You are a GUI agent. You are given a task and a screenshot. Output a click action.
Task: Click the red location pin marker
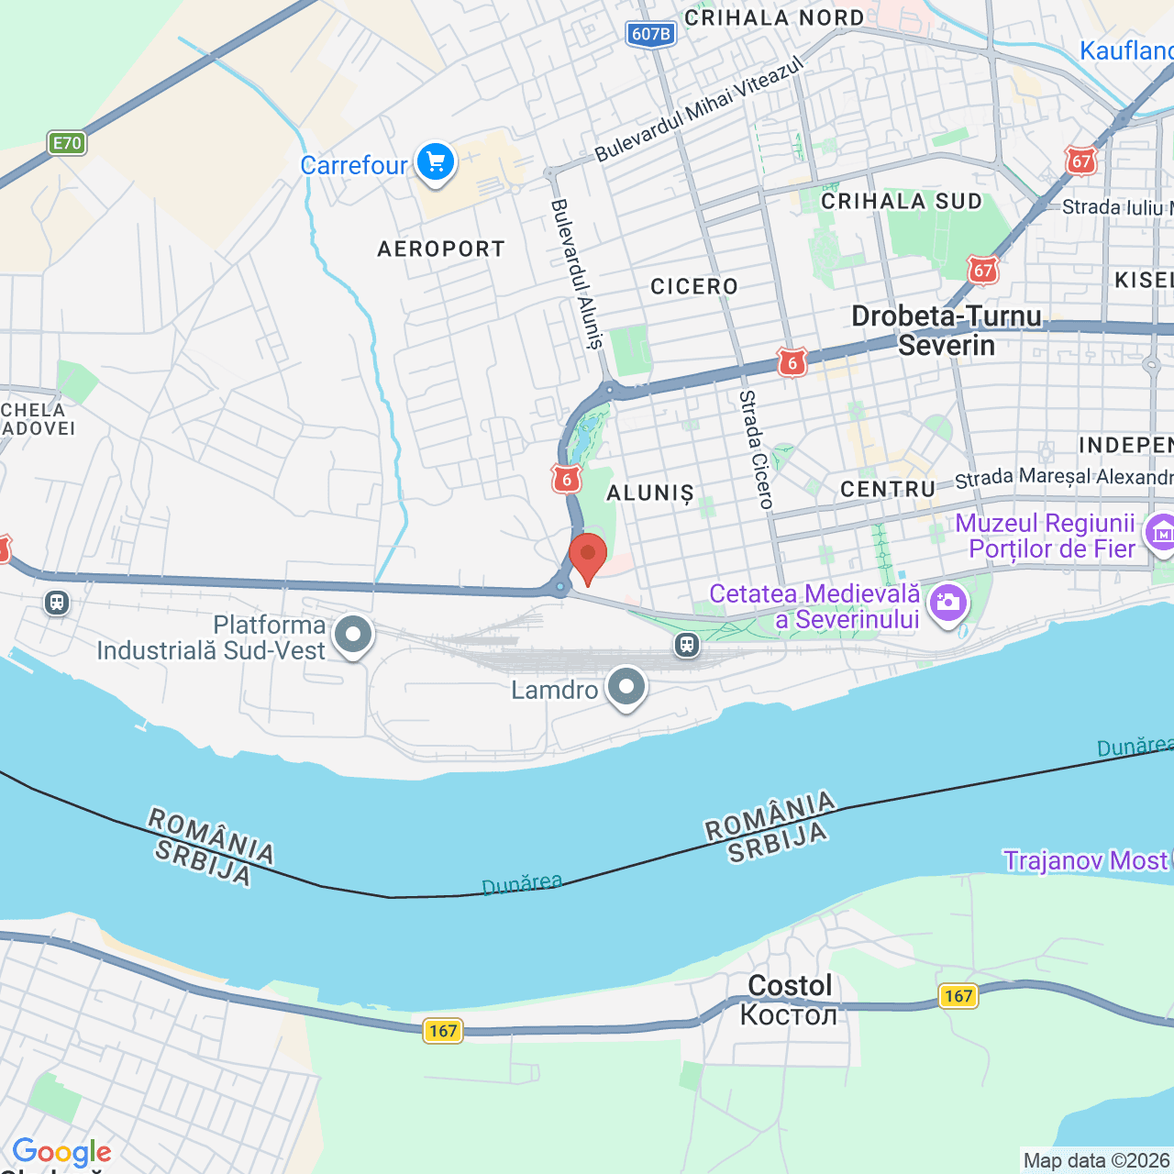588,556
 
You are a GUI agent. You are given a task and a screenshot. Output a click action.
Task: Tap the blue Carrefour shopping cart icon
436,162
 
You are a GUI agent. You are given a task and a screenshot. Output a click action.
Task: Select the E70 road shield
67,143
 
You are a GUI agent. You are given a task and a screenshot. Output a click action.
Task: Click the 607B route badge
651,34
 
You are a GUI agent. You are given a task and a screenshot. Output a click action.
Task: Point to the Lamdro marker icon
627,686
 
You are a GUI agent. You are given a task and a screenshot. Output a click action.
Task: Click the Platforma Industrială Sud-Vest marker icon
353,635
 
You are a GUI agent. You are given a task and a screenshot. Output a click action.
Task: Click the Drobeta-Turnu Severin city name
947,330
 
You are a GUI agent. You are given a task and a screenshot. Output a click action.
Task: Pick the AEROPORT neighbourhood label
441,249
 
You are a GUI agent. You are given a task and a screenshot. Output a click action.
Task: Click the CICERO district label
694,287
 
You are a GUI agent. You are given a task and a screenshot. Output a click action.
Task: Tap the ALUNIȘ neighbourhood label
650,493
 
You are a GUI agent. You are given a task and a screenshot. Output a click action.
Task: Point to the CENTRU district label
888,489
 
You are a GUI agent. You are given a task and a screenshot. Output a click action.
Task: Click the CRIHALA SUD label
902,202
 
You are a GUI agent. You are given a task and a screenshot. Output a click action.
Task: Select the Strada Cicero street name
757,449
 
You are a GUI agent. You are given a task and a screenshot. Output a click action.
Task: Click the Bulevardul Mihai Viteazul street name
699,109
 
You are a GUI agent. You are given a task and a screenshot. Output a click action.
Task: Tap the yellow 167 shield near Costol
958,996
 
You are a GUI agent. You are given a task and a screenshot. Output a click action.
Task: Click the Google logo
62,1152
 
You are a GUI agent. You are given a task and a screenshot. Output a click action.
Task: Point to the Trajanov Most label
1085,860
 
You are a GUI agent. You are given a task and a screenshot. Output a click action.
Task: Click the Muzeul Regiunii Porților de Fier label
1046,536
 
